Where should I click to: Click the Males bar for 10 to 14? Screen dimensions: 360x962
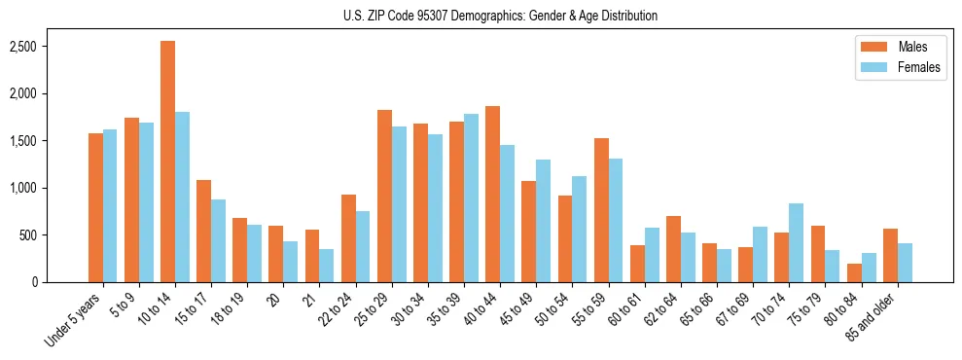coord(167,162)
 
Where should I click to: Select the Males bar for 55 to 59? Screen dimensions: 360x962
coord(601,210)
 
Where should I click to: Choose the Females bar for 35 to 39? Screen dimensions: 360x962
coord(471,198)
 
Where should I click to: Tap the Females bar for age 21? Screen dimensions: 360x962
coord(327,266)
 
